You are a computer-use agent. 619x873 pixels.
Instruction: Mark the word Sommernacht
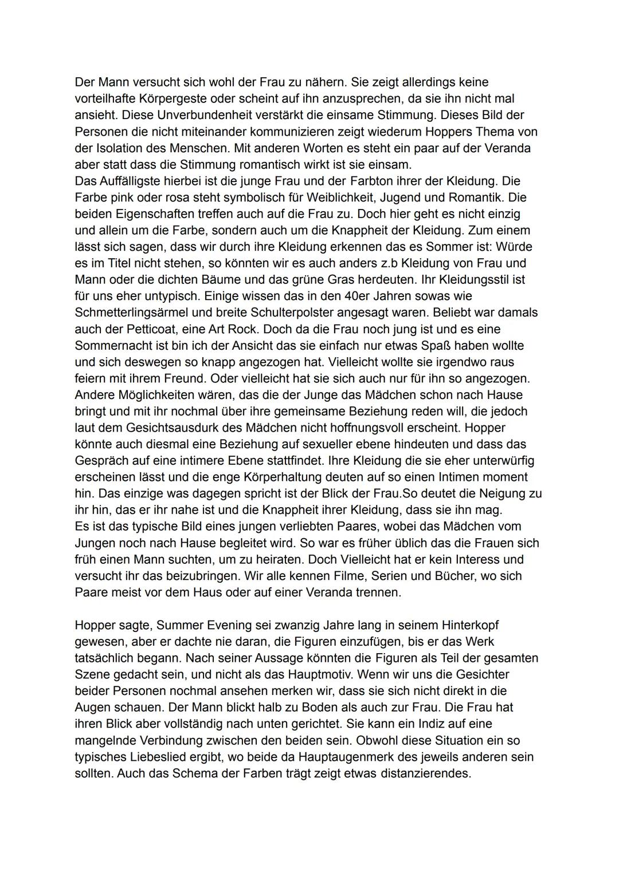[117, 346]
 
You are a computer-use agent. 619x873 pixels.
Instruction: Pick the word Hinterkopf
[455, 625]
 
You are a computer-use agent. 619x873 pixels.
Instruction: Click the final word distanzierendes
[421, 773]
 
